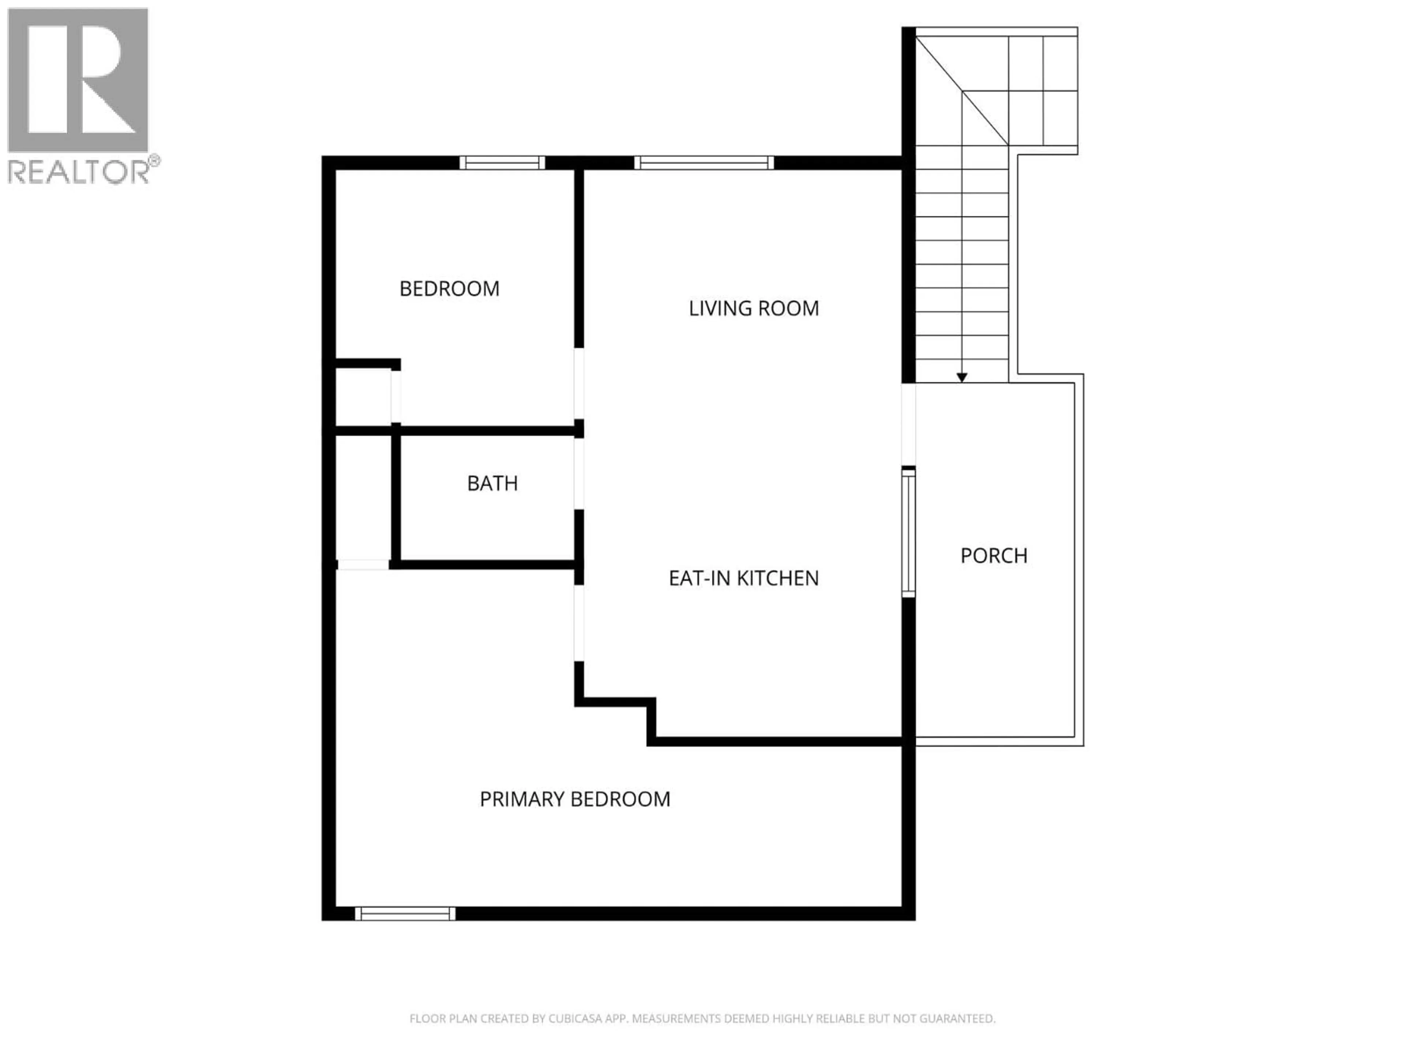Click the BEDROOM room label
(x=449, y=289)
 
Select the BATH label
(x=492, y=483)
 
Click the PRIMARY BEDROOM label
(x=575, y=799)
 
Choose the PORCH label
(x=993, y=556)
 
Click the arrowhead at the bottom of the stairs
(x=962, y=377)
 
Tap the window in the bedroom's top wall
(x=502, y=162)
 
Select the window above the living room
(x=704, y=162)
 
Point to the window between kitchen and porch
(x=909, y=532)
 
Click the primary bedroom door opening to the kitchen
(x=578, y=623)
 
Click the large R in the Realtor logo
(x=78, y=79)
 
